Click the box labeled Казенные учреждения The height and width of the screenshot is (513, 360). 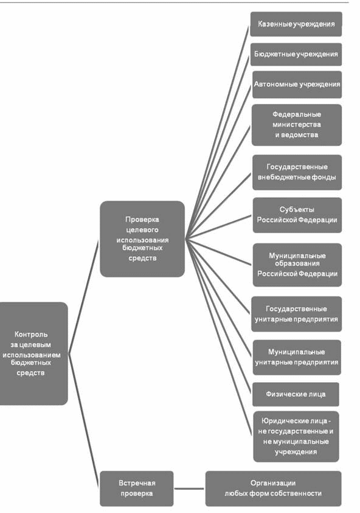point(296,24)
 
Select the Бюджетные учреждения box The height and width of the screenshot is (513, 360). point(296,54)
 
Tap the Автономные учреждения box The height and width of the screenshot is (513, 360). point(297,85)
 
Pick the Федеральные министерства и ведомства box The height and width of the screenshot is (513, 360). point(297,125)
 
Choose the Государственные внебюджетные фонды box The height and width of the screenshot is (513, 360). point(297,172)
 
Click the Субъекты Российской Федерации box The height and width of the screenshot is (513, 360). point(297,215)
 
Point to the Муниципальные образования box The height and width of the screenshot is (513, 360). point(297,265)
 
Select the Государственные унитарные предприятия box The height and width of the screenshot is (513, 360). point(297,314)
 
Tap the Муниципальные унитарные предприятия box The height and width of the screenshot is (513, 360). point(297,357)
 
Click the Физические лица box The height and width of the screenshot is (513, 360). point(296,394)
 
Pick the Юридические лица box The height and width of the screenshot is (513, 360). point(296,436)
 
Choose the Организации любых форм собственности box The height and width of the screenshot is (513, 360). point(274,489)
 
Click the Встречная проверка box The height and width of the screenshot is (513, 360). point(137,489)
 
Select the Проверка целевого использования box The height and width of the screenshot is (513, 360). point(142,239)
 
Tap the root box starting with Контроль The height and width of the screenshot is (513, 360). point(33,354)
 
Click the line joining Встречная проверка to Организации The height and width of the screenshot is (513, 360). point(189,489)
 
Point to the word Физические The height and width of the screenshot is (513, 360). point(281,394)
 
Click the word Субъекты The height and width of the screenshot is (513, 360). point(297,210)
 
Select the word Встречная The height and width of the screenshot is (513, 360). point(137,483)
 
